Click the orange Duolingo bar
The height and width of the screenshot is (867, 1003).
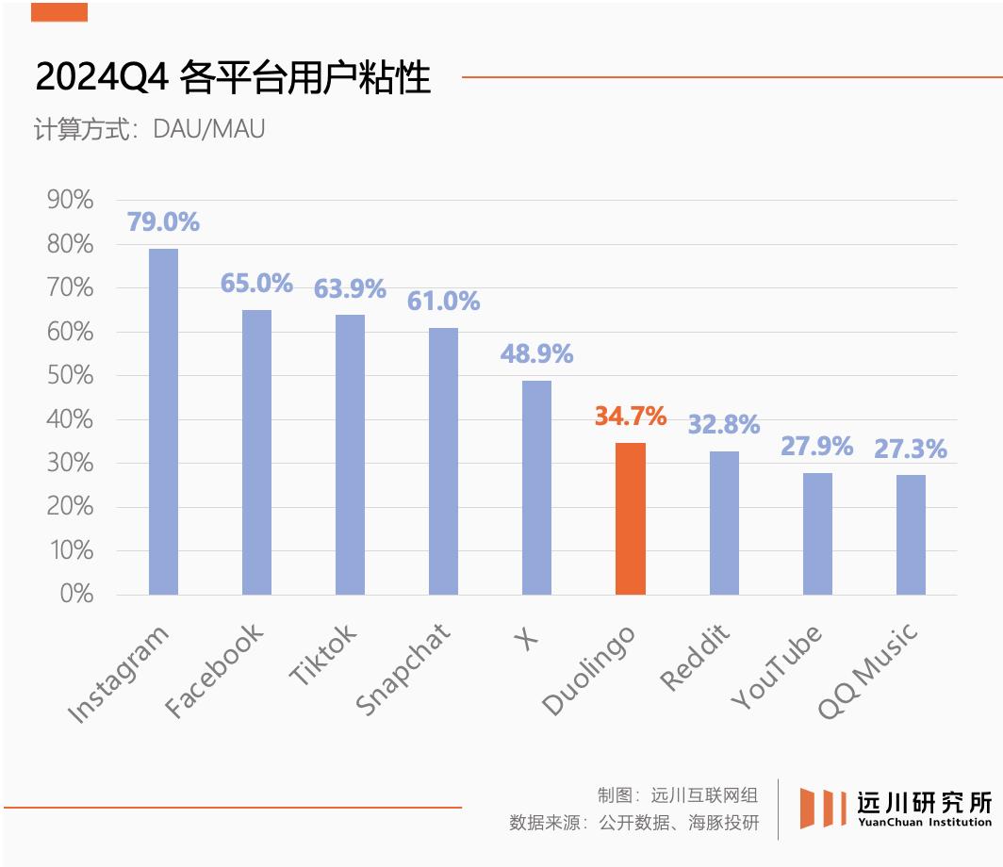(x=631, y=518)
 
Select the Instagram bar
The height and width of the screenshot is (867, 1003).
(x=163, y=421)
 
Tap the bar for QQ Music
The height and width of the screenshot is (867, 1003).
(x=911, y=534)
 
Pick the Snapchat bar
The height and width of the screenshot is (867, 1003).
(x=443, y=461)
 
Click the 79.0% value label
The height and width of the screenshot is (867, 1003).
(x=163, y=222)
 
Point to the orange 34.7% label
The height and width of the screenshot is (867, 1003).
(x=631, y=416)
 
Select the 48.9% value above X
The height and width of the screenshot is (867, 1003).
(x=536, y=354)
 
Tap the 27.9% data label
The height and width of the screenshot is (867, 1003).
(x=816, y=446)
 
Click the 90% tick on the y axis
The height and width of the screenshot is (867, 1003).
(x=70, y=200)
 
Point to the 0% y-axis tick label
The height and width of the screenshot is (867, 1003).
(x=75, y=594)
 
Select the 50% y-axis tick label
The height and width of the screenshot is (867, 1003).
(x=70, y=375)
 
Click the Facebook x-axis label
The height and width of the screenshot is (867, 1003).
(x=213, y=671)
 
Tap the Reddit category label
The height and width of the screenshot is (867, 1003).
(x=696, y=658)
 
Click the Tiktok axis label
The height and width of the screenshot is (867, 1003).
(x=322, y=656)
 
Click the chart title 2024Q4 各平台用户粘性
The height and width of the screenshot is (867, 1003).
(x=233, y=77)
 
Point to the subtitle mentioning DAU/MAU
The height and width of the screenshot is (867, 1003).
(x=149, y=128)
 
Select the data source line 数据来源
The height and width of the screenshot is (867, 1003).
(x=633, y=822)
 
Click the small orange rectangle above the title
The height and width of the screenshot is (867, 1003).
(x=58, y=12)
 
